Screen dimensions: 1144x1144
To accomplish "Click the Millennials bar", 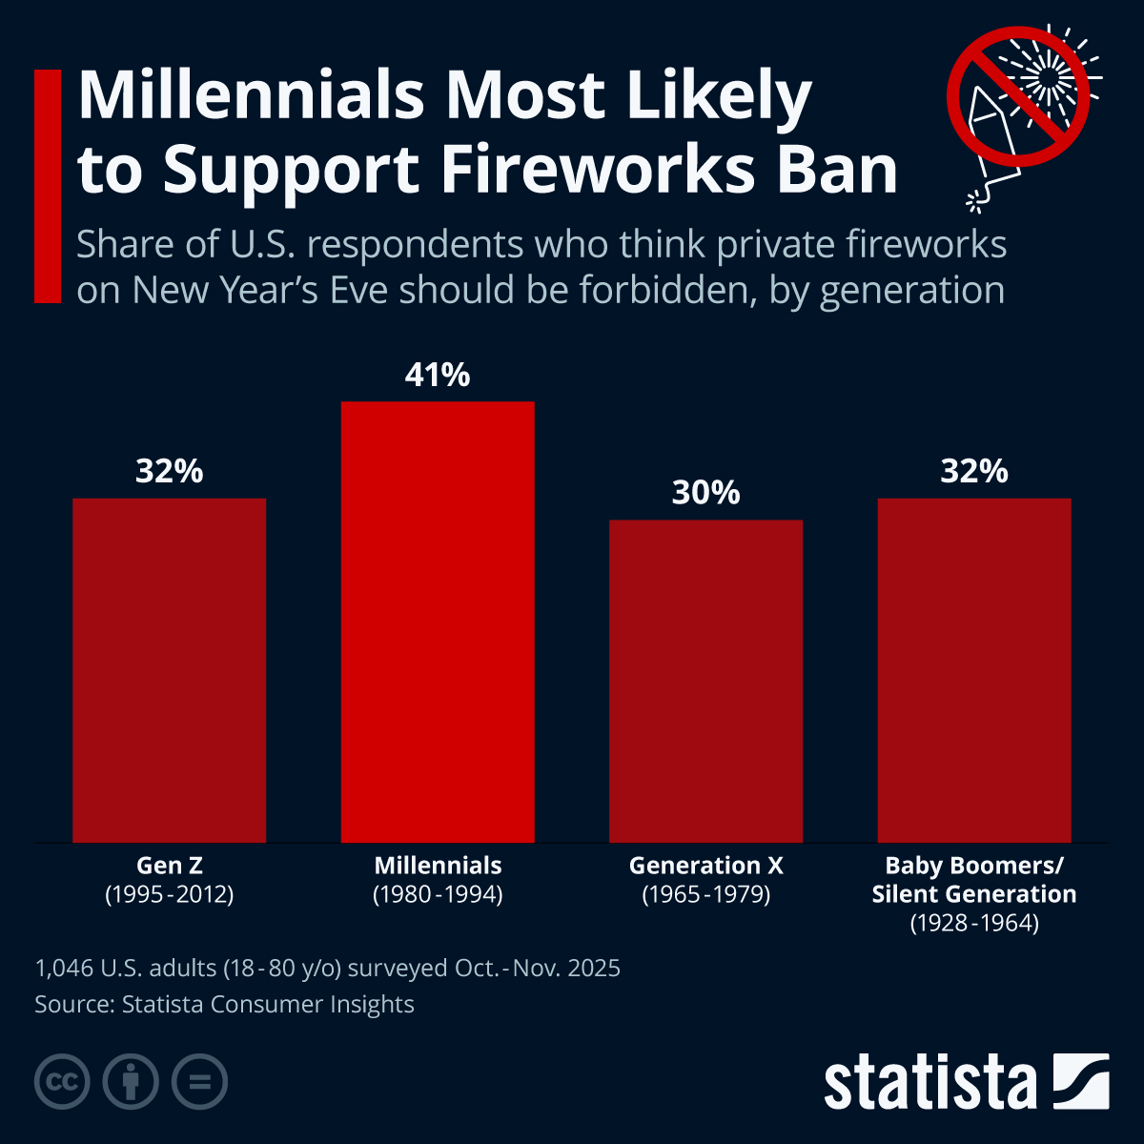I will pyautogui.click(x=438, y=622).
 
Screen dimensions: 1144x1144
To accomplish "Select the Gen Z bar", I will pyautogui.click(x=170, y=670).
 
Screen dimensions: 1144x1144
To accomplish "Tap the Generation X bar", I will pyautogui.click(x=705, y=681).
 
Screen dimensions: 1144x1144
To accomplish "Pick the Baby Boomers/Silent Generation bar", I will pyautogui.click(x=974, y=670).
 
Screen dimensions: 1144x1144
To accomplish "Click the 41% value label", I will pyautogui.click(x=438, y=376).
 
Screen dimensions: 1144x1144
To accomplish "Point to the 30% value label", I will pyautogui.click(x=705, y=493).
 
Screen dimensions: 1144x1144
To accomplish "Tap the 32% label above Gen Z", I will pyautogui.click(x=170, y=471).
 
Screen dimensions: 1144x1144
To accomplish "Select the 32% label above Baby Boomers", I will pyautogui.click(x=974, y=471).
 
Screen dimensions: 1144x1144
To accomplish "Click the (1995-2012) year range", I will pyautogui.click(x=170, y=894).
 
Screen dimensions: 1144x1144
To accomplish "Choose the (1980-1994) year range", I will pyautogui.click(x=438, y=894).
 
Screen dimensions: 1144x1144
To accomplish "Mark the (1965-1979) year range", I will pyautogui.click(x=705, y=894).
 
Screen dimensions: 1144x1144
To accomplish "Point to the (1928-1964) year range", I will pyautogui.click(x=974, y=923).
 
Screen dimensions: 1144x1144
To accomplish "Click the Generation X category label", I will pyautogui.click(x=705, y=866).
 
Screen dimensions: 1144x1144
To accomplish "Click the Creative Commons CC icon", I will pyautogui.click(x=62, y=1082).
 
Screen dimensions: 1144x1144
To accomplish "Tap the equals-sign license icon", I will pyautogui.click(x=199, y=1082).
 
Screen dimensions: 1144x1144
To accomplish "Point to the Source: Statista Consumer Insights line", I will pyautogui.click(x=224, y=1004).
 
